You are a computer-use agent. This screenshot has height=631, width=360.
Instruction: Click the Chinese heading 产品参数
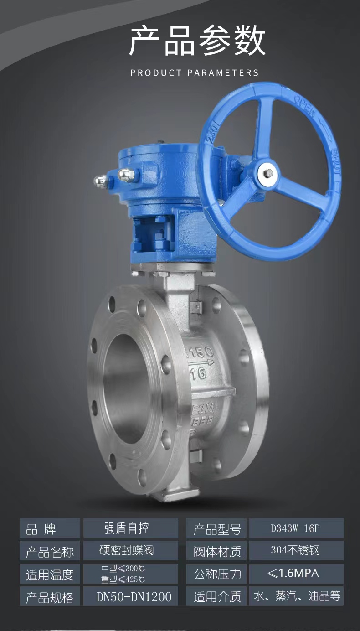(x=197, y=41)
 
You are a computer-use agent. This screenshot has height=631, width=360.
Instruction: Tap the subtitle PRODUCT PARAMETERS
(x=195, y=73)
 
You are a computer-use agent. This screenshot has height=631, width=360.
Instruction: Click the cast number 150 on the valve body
(x=201, y=352)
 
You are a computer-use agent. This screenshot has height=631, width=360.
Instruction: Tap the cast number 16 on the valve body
(x=198, y=373)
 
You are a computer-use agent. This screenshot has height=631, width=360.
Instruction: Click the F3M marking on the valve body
(x=203, y=408)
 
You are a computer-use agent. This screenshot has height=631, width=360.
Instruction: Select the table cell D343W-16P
(x=296, y=528)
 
